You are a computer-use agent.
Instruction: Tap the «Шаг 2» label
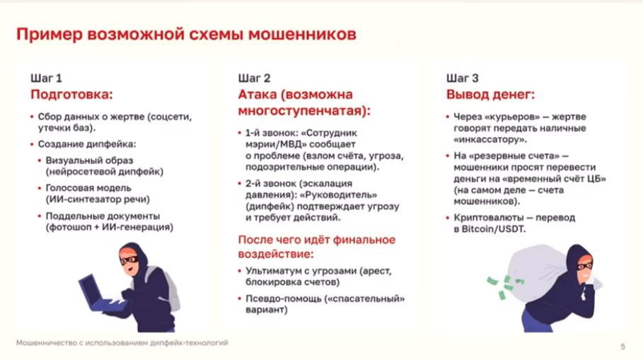(x=254, y=78)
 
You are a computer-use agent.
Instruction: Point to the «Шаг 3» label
(x=463, y=78)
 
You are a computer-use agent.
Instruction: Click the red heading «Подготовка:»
(x=71, y=95)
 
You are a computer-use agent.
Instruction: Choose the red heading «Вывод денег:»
(x=490, y=95)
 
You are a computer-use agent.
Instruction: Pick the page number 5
(x=622, y=346)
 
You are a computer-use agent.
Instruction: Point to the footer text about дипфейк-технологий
(x=122, y=344)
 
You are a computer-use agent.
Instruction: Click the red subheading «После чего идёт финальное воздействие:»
(x=317, y=246)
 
